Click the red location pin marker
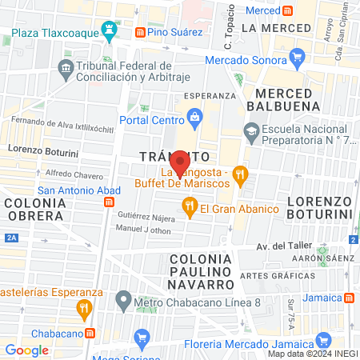[181, 162]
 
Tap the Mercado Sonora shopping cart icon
[298, 57]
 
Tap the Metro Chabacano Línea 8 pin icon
[122, 302]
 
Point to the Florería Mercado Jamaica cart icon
[142, 335]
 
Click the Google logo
[26, 350]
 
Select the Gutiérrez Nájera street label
[146, 217]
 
